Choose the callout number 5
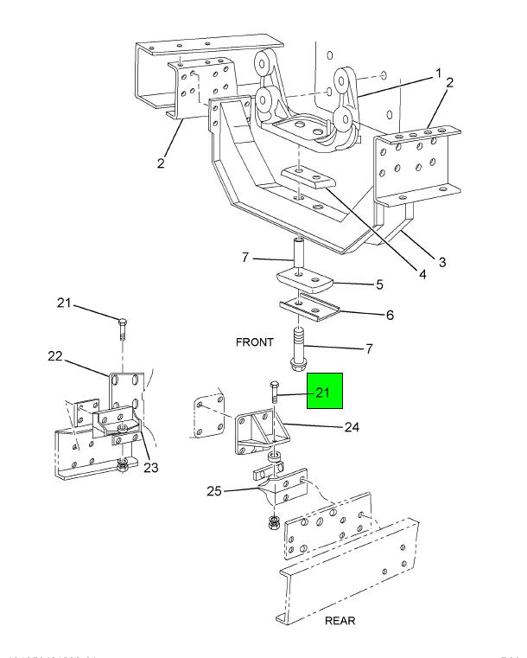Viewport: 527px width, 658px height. point(378,284)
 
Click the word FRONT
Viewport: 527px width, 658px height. point(254,342)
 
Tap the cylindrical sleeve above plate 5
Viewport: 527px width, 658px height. point(297,254)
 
